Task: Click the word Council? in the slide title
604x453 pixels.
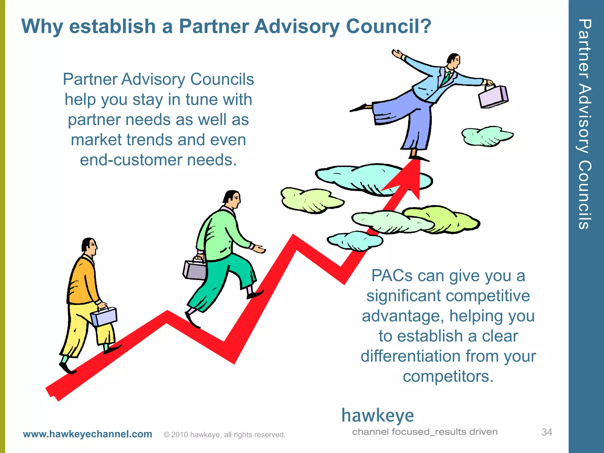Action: pos(388,27)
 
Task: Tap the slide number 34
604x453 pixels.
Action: pos(546,432)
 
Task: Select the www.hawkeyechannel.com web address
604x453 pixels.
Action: pos(88,434)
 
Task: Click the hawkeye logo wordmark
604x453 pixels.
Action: pos(377,416)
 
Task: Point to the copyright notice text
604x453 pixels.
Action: pos(224,435)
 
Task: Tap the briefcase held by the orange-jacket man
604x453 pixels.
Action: pos(104,316)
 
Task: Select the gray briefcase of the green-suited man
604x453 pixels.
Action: pos(195,270)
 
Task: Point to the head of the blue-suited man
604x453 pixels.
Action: pos(454,61)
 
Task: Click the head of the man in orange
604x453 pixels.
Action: pos(89,246)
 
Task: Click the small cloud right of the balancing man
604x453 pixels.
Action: pos(487,136)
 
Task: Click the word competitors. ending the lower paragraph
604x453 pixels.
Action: pos(448,377)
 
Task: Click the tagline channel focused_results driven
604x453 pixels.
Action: pos(425,432)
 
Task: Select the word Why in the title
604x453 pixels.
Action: pos(42,27)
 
